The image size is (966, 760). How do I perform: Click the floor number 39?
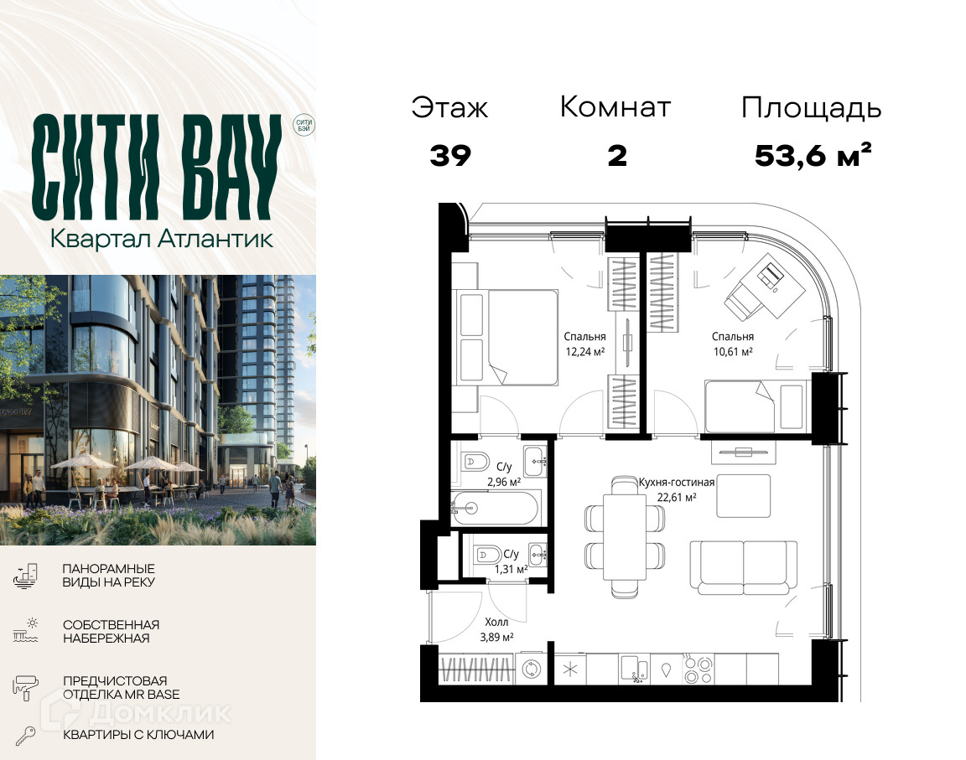tap(450, 156)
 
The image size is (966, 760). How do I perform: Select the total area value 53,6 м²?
tap(813, 156)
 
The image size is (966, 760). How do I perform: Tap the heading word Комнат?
tap(615, 107)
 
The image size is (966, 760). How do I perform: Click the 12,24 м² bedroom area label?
tap(584, 352)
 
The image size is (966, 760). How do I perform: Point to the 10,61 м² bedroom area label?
tap(733, 352)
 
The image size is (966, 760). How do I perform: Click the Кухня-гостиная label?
tap(676, 483)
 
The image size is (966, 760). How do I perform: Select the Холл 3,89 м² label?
tap(496, 629)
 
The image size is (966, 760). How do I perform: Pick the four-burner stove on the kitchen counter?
tap(699, 669)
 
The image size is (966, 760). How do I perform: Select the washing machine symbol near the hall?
tap(531, 669)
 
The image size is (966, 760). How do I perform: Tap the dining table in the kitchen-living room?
tap(625, 536)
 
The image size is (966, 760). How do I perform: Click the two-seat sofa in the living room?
tap(744, 567)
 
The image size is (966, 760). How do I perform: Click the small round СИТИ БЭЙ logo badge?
tap(304, 126)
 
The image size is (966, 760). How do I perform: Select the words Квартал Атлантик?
tap(161, 239)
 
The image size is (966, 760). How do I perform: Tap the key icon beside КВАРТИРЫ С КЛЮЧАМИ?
tap(25, 736)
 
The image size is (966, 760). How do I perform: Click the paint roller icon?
tap(25, 687)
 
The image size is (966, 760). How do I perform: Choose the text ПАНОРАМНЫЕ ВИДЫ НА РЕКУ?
tap(108, 576)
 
